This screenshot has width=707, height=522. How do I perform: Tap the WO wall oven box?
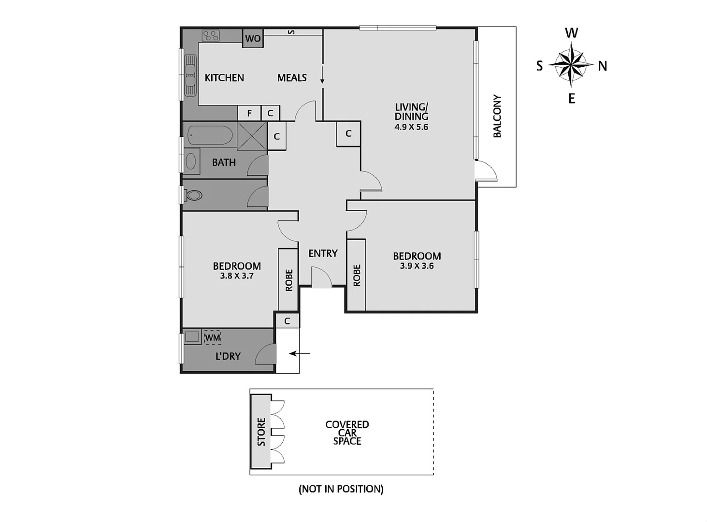click(253, 39)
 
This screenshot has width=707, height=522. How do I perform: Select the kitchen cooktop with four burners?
click(211, 35)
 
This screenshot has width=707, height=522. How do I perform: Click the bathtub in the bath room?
click(210, 135)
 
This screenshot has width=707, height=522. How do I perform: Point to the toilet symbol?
click(193, 195)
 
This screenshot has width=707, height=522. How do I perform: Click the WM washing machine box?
click(213, 337)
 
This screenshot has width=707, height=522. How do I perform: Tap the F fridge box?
click(249, 113)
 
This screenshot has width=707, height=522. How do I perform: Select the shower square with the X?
click(252, 136)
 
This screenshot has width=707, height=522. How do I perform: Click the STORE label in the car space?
click(261, 432)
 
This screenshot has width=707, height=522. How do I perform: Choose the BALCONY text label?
click(497, 116)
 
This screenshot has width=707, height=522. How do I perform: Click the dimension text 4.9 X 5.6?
click(411, 127)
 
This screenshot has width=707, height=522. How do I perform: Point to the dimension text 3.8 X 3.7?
click(237, 276)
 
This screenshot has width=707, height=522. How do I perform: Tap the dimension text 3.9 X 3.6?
click(417, 266)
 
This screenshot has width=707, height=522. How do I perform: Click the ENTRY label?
click(323, 253)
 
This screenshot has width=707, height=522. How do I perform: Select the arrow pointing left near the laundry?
click(300, 354)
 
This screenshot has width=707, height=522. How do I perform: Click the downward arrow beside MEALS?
click(322, 77)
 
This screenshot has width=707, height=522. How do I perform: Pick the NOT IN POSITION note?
click(341, 489)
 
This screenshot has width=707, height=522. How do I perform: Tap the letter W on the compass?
click(571, 33)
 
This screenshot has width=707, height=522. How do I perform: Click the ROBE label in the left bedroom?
click(289, 280)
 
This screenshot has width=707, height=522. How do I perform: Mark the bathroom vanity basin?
click(191, 160)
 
